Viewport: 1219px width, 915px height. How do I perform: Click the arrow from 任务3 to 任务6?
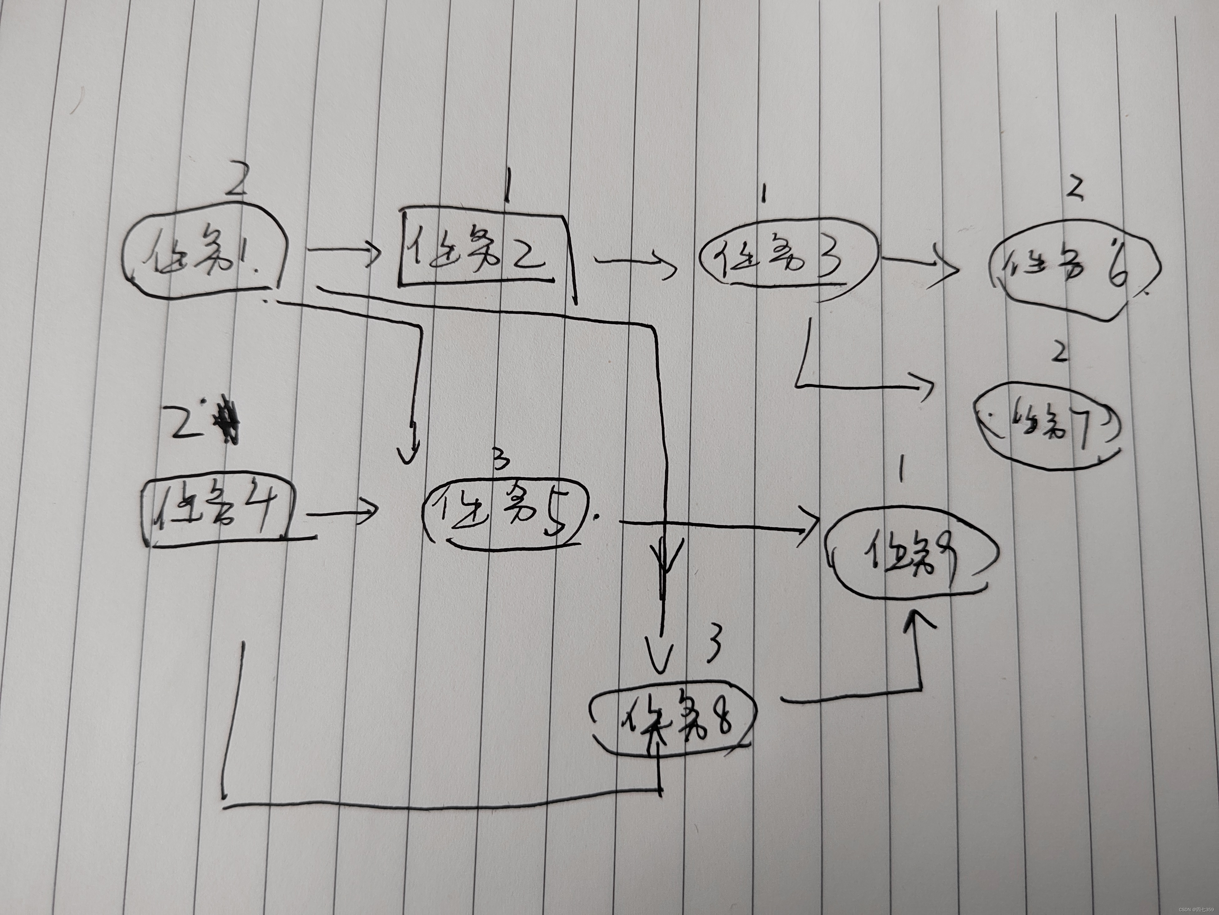[x=918, y=265]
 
